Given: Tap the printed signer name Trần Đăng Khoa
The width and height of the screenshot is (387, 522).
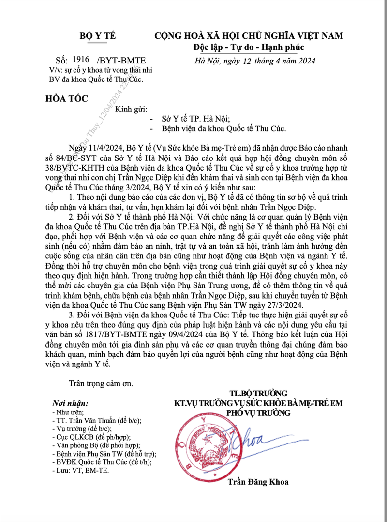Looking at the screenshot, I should click(x=258, y=482).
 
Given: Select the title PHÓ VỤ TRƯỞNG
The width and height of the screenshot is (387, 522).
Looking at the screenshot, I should click(x=258, y=413).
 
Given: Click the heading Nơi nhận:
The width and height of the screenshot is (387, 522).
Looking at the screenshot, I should click(x=70, y=403).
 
